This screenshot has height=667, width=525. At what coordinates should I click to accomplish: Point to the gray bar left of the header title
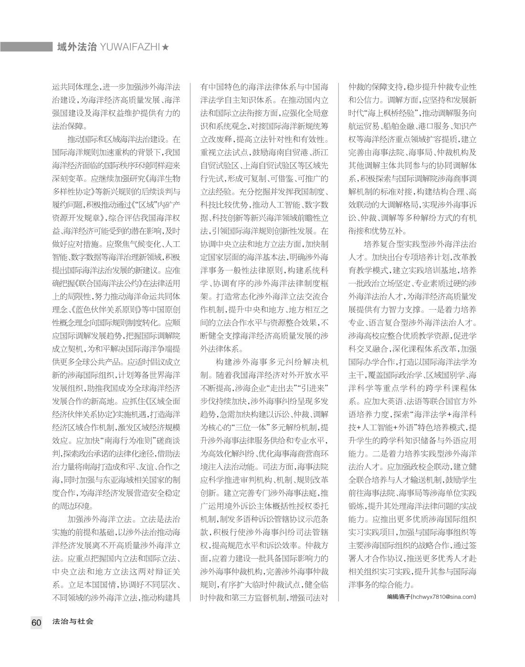click(26, 47)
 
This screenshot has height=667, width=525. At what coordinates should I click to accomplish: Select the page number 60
click(37, 622)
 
